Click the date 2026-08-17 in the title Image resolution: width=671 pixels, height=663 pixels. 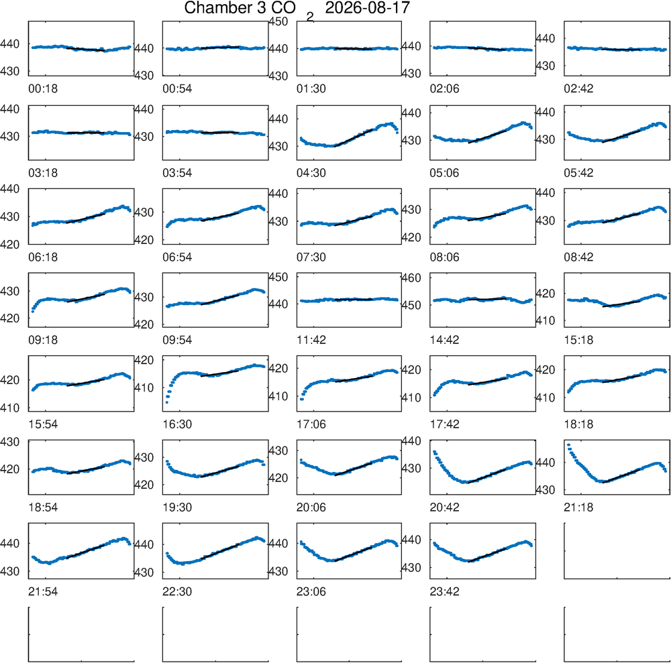click(367, 7)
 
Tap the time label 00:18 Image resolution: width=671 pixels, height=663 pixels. click(43, 88)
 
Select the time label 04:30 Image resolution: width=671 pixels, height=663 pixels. click(311, 173)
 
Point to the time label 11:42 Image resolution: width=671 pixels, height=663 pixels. click(311, 340)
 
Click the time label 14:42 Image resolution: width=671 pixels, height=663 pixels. click(445, 340)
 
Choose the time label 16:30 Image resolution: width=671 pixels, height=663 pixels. click(177, 424)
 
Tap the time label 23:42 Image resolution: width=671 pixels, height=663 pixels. click(445, 592)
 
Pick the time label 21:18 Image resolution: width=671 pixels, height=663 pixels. click(578, 507)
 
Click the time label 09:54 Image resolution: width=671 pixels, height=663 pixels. click(177, 340)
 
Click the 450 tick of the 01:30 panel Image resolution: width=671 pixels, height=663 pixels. click(278, 21)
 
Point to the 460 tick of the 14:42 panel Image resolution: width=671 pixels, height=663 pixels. click(411, 278)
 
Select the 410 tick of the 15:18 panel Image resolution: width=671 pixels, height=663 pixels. click(545, 320)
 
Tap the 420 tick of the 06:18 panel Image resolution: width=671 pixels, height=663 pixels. click(9, 244)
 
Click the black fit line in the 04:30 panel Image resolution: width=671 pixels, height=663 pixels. click(353, 137)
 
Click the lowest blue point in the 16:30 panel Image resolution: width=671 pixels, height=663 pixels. click(167, 402)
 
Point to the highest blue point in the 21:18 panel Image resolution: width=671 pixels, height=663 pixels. click(568, 445)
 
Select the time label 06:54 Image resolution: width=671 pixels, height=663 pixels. click(177, 257)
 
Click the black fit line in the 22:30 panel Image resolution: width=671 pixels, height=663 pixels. click(219, 552)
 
